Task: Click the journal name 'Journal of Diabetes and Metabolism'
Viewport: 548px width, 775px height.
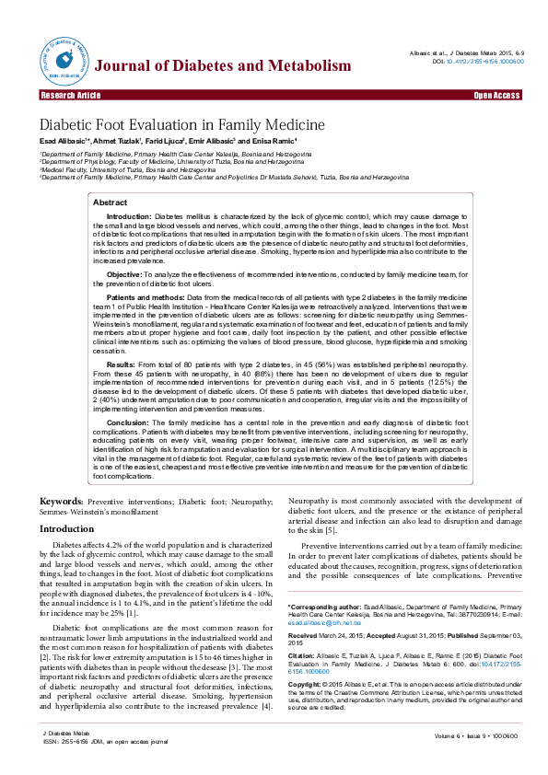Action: click(x=224, y=65)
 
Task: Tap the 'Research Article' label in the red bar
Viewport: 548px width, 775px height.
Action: click(x=70, y=95)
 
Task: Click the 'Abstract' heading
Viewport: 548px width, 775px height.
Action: click(x=111, y=202)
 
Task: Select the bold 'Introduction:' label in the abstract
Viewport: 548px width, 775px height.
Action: click(x=130, y=214)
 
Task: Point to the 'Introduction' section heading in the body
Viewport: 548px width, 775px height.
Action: click(x=65, y=529)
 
